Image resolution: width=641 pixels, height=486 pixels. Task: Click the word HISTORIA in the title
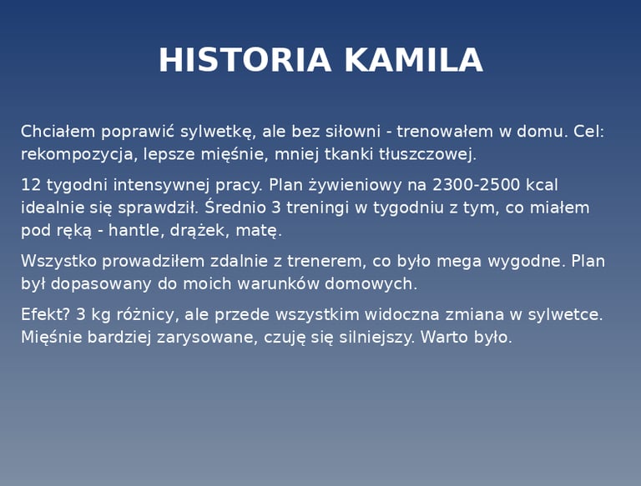click(x=245, y=60)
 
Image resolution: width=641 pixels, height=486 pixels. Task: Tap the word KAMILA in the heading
click(x=414, y=60)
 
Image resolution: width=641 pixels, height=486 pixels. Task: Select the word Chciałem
click(x=58, y=132)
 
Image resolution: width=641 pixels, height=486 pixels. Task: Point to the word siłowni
click(x=353, y=132)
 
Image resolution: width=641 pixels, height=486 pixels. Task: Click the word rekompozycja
click(x=77, y=155)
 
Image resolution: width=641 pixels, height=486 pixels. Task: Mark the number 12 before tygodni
click(x=31, y=185)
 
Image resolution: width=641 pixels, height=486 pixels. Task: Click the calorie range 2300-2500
click(x=476, y=185)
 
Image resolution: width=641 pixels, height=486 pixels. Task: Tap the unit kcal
click(x=542, y=185)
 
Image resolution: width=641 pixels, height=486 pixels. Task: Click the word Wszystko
click(x=58, y=262)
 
